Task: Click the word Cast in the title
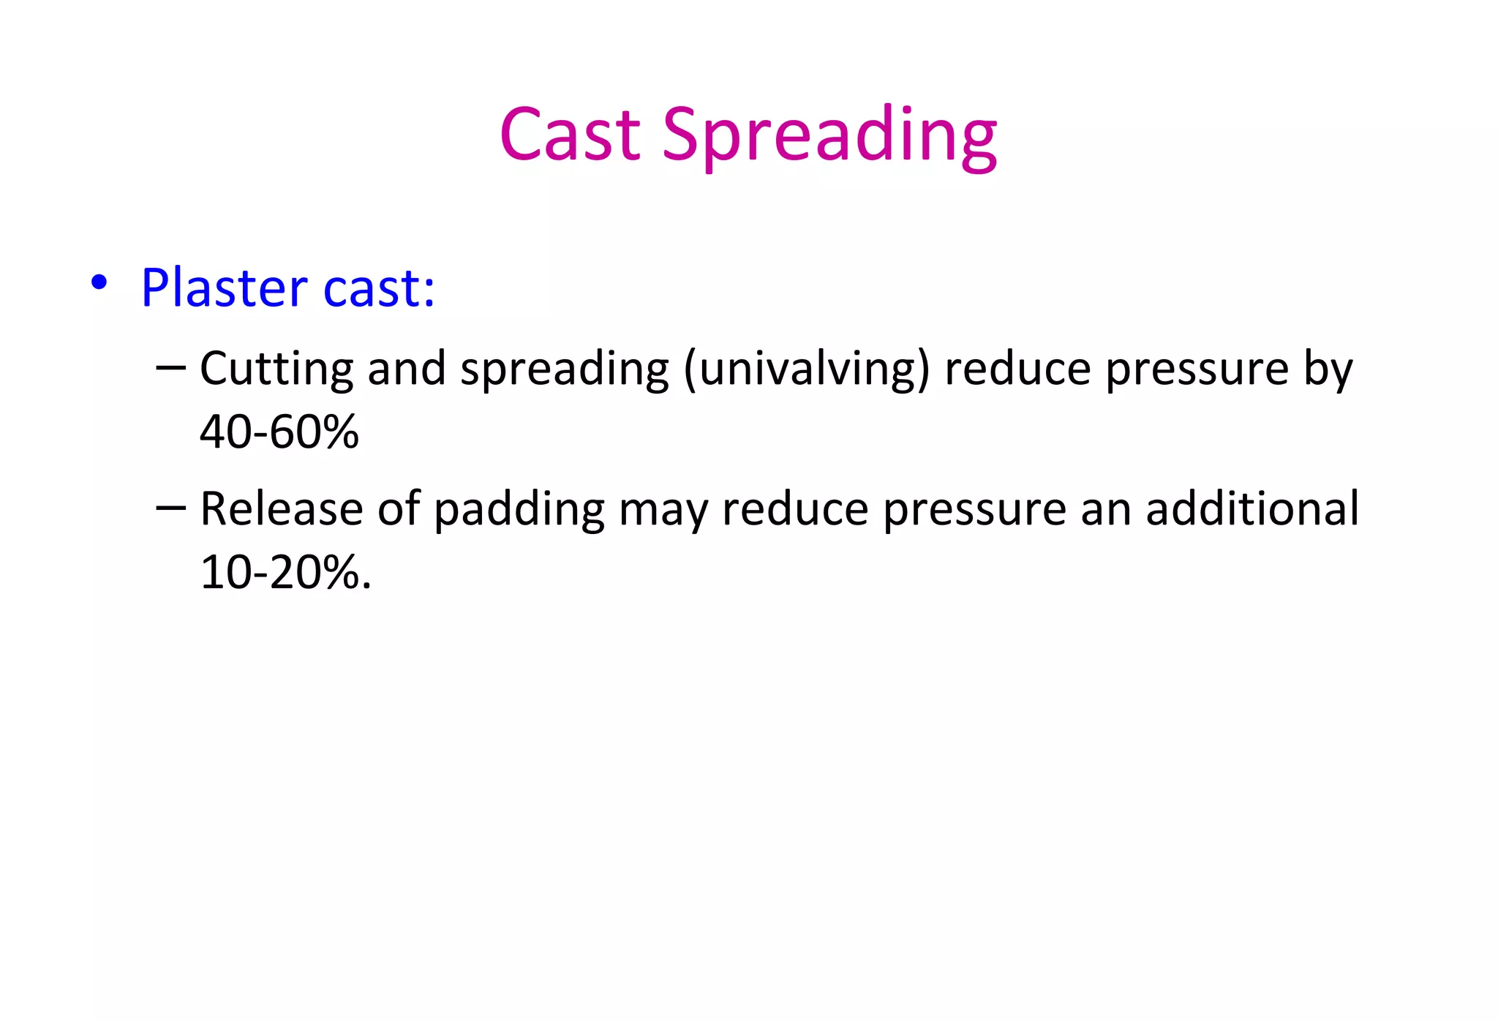click(x=570, y=135)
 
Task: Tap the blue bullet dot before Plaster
click(x=99, y=282)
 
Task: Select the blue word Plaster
click(x=224, y=288)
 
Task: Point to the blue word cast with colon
click(x=379, y=288)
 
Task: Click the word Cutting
click(x=276, y=368)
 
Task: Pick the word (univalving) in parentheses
click(x=807, y=369)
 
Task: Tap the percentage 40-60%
click(x=279, y=431)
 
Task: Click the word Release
click(x=281, y=508)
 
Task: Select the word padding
click(x=519, y=511)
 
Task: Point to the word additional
click(x=1252, y=508)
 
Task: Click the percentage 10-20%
click(x=285, y=571)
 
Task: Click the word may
click(x=663, y=511)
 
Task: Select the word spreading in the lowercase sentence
click(x=564, y=369)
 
